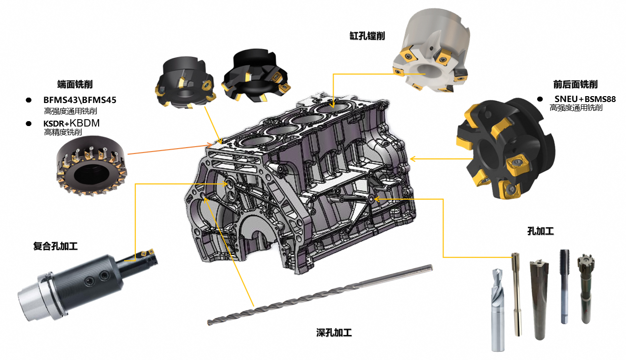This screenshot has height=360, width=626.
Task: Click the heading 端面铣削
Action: pyautogui.click(x=75, y=84)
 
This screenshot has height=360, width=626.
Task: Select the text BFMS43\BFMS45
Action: pyautogui.click(x=79, y=100)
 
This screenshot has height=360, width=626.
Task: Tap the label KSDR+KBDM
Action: pyautogui.click(x=71, y=123)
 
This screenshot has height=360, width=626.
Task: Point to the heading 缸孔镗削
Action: pyautogui.click(x=367, y=36)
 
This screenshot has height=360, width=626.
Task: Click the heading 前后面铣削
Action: pyautogui.click(x=575, y=84)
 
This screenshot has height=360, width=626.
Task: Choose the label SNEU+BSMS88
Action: pyautogui.click(x=585, y=99)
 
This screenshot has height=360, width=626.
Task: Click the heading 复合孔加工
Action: pyautogui.click(x=55, y=246)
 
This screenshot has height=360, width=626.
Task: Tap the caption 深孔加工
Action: pyautogui.click(x=334, y=333)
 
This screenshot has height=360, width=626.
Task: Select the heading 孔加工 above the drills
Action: pyautogui.click(x=541, y=231)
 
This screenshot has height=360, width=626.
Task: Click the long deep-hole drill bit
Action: pyautogui.click(x=320, y=295)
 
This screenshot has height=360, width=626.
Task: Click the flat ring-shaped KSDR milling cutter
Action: pyautogui.click(x=91, y=165)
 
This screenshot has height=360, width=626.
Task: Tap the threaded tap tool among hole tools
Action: pyautogui.click(x=565, y=286)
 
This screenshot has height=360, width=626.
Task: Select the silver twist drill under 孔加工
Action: pyautogui.click(x=498, y=310)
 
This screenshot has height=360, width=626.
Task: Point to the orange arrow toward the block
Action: pyautogui.click(x=170, y=149)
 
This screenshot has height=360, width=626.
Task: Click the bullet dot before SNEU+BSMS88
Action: pyautogui.click(x=540, y=99)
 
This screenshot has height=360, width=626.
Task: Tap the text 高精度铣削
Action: pyautogui.click(x=63, y=132)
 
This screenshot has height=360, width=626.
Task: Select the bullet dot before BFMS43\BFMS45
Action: pyautogui.click(x=28, y=100)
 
